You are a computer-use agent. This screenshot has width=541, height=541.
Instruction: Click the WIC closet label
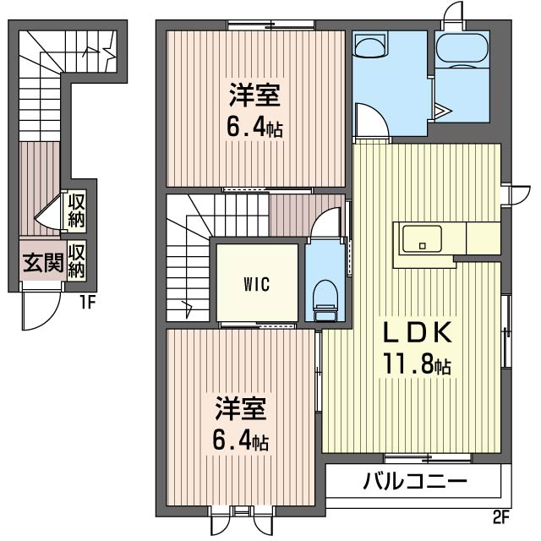pyautogui.click(x=257, y=284)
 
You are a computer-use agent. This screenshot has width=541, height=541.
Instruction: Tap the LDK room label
pyautogui.click(x=418, y=332)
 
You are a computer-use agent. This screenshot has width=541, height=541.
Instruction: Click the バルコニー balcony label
pyautogui.click(x=415, y=481)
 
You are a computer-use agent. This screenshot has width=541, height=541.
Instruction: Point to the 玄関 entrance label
pyautogui.click(x=43, y=263)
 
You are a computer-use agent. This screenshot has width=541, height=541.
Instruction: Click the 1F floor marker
pyautogui.click(x=87, y=303)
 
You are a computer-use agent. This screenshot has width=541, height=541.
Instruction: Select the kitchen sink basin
pyautogui.click(x=422, y=238)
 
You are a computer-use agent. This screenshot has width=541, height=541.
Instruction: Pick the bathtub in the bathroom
pyautogui.click(x=462, y=47)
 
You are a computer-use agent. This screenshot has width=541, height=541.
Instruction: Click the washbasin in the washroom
pyautogui.click(x=371, y=44)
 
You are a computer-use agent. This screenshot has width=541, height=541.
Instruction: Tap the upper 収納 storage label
pyautogui.click(x=76, y=210)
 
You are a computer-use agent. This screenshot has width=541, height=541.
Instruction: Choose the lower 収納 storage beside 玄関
pyautogui.click(x=76, y=261)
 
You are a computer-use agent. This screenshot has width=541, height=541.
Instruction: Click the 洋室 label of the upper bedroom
pyautogui.click(x=254, y=95)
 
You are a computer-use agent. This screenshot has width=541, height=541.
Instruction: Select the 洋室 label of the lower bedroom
pyautogui.click(x=240, y=408)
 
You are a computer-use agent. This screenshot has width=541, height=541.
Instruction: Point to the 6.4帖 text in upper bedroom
pyautogui.click(x=254, y=127)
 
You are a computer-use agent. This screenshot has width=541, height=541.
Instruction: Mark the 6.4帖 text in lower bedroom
pyautogui.click(x=240, y=440)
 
